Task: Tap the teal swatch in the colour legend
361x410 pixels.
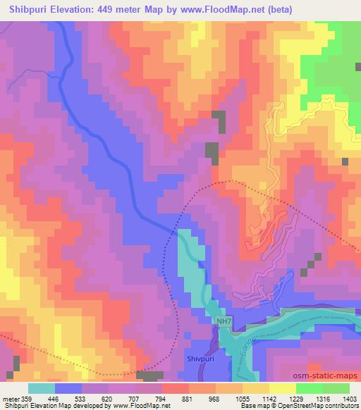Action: point(42,388)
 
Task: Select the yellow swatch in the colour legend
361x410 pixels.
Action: point(282,388)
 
